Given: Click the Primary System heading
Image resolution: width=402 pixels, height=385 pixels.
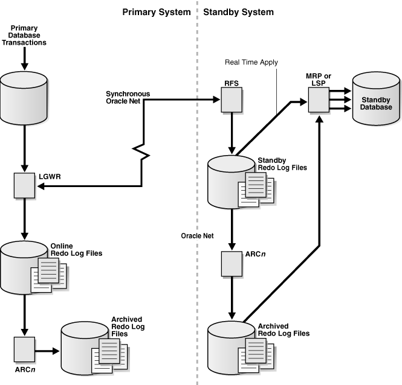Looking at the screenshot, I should [156, 12].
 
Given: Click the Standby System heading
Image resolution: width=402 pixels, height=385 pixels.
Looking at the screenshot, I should [238, 12].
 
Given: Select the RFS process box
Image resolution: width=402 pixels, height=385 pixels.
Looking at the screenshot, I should [231, 102].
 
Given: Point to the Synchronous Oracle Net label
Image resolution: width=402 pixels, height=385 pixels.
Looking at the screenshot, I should [128, 97].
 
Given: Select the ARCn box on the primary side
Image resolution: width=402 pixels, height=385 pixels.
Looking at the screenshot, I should [23, 349].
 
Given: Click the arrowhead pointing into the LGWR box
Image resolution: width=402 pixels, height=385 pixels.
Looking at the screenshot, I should [41, 186].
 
